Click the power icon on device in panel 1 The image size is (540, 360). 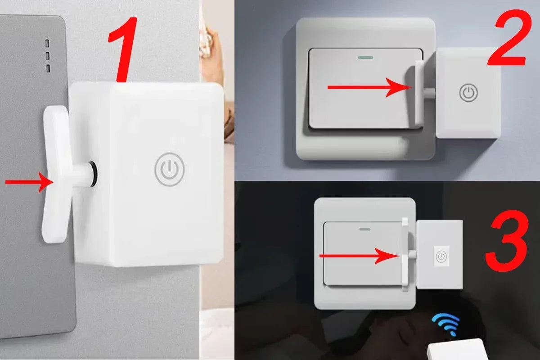[169, 169]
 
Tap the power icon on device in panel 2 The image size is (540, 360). [468, 93]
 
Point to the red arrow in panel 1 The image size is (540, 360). [29, 182]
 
